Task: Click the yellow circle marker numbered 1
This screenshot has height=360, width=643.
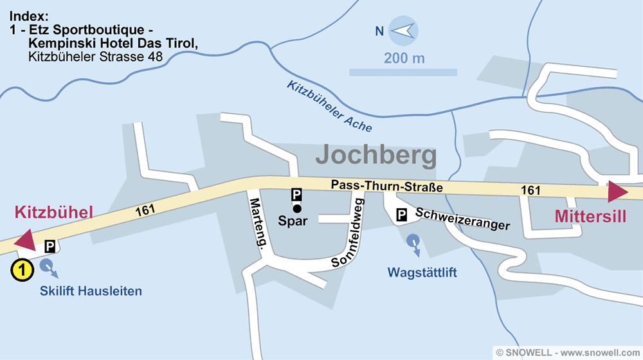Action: pyautogui.click(x=22, y=271)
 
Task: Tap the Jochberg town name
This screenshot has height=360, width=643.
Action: pyautogui.click(x=376, y=156)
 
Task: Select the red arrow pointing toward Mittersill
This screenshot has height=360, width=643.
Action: pyautogui.click(x=618, y=192)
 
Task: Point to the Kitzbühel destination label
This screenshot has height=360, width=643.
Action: pyautogui.click(x=54, y=212)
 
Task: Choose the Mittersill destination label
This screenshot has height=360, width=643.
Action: pyautogui.click(x=590, y=217)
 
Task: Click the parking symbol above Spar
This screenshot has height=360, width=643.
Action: pyautogui.click(x=296, y=194)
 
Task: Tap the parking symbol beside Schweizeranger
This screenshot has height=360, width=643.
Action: pyautogui.click(x=401, y=216)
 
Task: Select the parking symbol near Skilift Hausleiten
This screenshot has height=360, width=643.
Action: pyautogui.click(x=50, y=246)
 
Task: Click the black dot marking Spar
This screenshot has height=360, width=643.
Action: pyautogui.click(x=296, y=208)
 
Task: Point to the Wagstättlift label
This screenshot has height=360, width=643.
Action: pyautogui.click(x=422, y=273)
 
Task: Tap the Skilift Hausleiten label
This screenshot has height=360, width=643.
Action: pyautogui.click(x=91, y=291)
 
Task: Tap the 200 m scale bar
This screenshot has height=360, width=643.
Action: pyautogui.click(x=403, y=72)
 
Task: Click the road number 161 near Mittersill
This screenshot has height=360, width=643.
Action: pyautogui.click(x=530, y=190)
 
